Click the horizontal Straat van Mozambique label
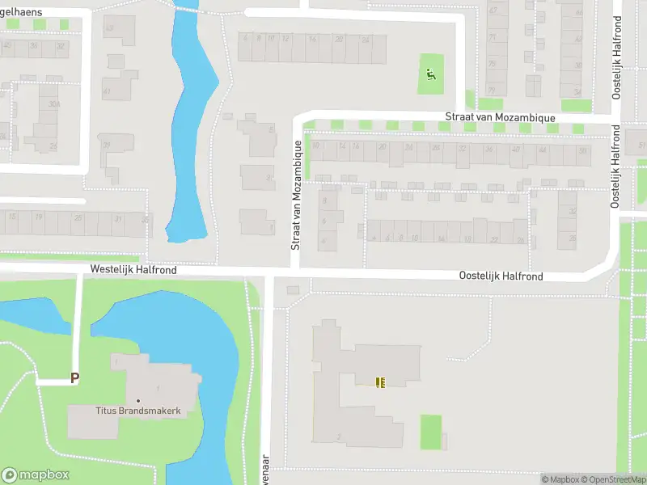coord(500,118)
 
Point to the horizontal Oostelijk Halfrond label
coord(500,276)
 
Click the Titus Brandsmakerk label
coord(137,412)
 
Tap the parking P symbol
coord(75,377)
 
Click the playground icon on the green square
coord(430,75)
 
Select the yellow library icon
coord(380,382)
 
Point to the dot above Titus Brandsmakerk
coord(138,401)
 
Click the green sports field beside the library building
coord(431,432)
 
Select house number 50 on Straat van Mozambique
coord(584,151)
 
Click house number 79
coord(492,90)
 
